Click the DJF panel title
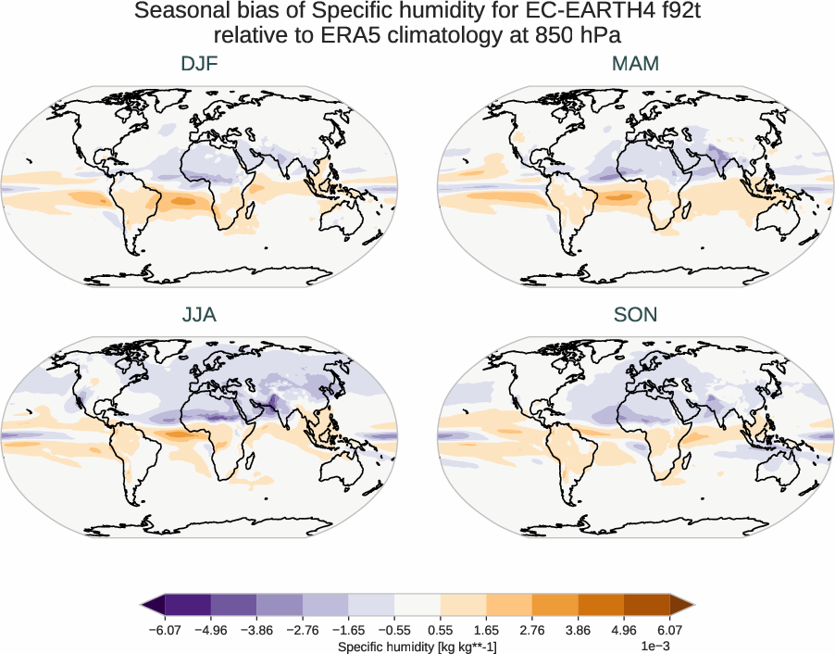(x=200, y=64)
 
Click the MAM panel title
(x=635, y=64)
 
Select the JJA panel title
(x=200, y=315)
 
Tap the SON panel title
(x=635, y=315)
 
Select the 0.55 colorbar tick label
(x=440, y=630)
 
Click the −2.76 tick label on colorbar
(x=302, y=630)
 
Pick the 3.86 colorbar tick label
(x=578, y=630)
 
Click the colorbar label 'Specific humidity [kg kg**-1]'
(x=417, y=646)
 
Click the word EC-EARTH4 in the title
(x=571, y=12)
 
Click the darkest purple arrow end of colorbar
(x=152, y=606)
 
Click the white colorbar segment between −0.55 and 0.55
(x=417, y=606)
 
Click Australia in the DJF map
(x=340, y=220)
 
